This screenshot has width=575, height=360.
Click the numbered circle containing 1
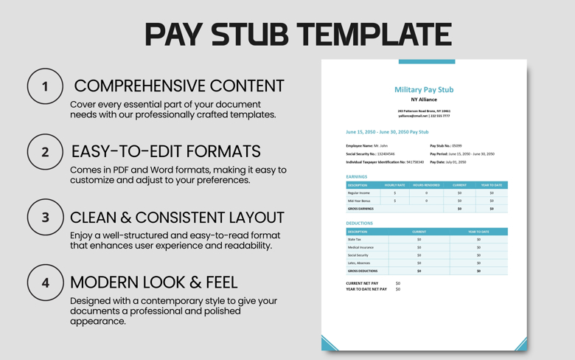pyautogui.click(x=45, y=87)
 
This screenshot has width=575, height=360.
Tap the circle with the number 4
pyautogui.click(x=45, y=283)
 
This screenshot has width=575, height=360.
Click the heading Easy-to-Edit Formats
pyautogui.click(x=166, y=151)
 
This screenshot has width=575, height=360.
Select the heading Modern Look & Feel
pyautogui.click(x=153, y=282)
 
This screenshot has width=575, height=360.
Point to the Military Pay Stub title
pyautogui.click(x=424, y=89)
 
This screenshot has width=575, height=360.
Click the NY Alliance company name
pyautogui.click(x=424, y=100)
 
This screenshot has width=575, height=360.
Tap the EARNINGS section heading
pyautogui.click(x=357, y=177)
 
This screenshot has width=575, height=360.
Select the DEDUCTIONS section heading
pyautogui.click(x=360, y=223)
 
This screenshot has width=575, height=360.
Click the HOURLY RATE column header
pyautogui.click(x=394, y=185)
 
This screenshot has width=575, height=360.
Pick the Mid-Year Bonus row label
pyautogui.click(x=359, y=201)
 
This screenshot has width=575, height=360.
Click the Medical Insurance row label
pyautogui.click(x=360, y=247)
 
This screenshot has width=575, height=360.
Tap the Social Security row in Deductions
pyautogui.click(x=358, y=255)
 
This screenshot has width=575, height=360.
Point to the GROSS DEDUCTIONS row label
pyautogui.click(x=362, y=271)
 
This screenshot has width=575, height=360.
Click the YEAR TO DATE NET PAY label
pyautogui.click(x=366, y=289)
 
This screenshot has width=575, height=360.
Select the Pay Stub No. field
pyautogui.click(x=446, y=146)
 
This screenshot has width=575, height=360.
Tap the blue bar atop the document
pyautogui.click(x=426, y=62)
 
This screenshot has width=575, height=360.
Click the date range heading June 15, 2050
pyautogui.click(x=387, y=132)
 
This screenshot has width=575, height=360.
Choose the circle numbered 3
pyautogui.click(x=45, y=218)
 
